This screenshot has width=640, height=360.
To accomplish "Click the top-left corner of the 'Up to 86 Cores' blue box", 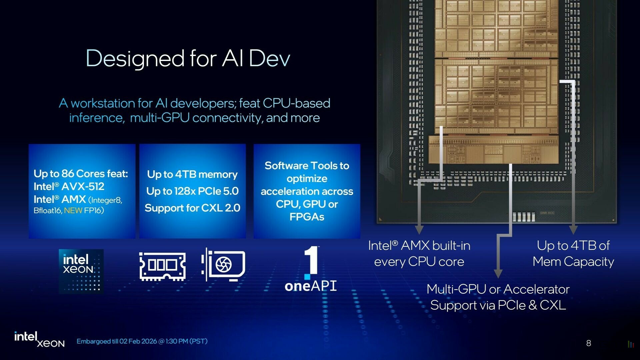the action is click(29, 144).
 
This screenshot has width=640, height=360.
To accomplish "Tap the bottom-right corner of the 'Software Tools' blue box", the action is click(360, 238).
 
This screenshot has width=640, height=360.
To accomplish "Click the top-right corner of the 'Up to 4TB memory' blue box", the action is click(246, 144).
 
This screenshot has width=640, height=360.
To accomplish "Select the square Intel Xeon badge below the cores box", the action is click(81, 271).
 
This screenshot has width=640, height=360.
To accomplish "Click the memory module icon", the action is click(163, 266).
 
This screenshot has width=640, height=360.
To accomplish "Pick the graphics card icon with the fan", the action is click(223, 265).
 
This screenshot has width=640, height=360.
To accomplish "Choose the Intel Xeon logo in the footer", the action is click(39, 339).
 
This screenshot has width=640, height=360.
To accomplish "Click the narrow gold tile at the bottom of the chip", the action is click(493, 150).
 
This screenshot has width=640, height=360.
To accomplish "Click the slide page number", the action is click(589, 343).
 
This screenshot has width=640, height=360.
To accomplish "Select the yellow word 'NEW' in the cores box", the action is click(73, 210).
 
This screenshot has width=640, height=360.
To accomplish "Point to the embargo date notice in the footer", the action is click(142, 341).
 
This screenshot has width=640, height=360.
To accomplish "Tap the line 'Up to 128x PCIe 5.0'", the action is click(192, 191).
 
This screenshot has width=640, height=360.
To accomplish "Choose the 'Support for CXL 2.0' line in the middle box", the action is click(192, 208).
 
